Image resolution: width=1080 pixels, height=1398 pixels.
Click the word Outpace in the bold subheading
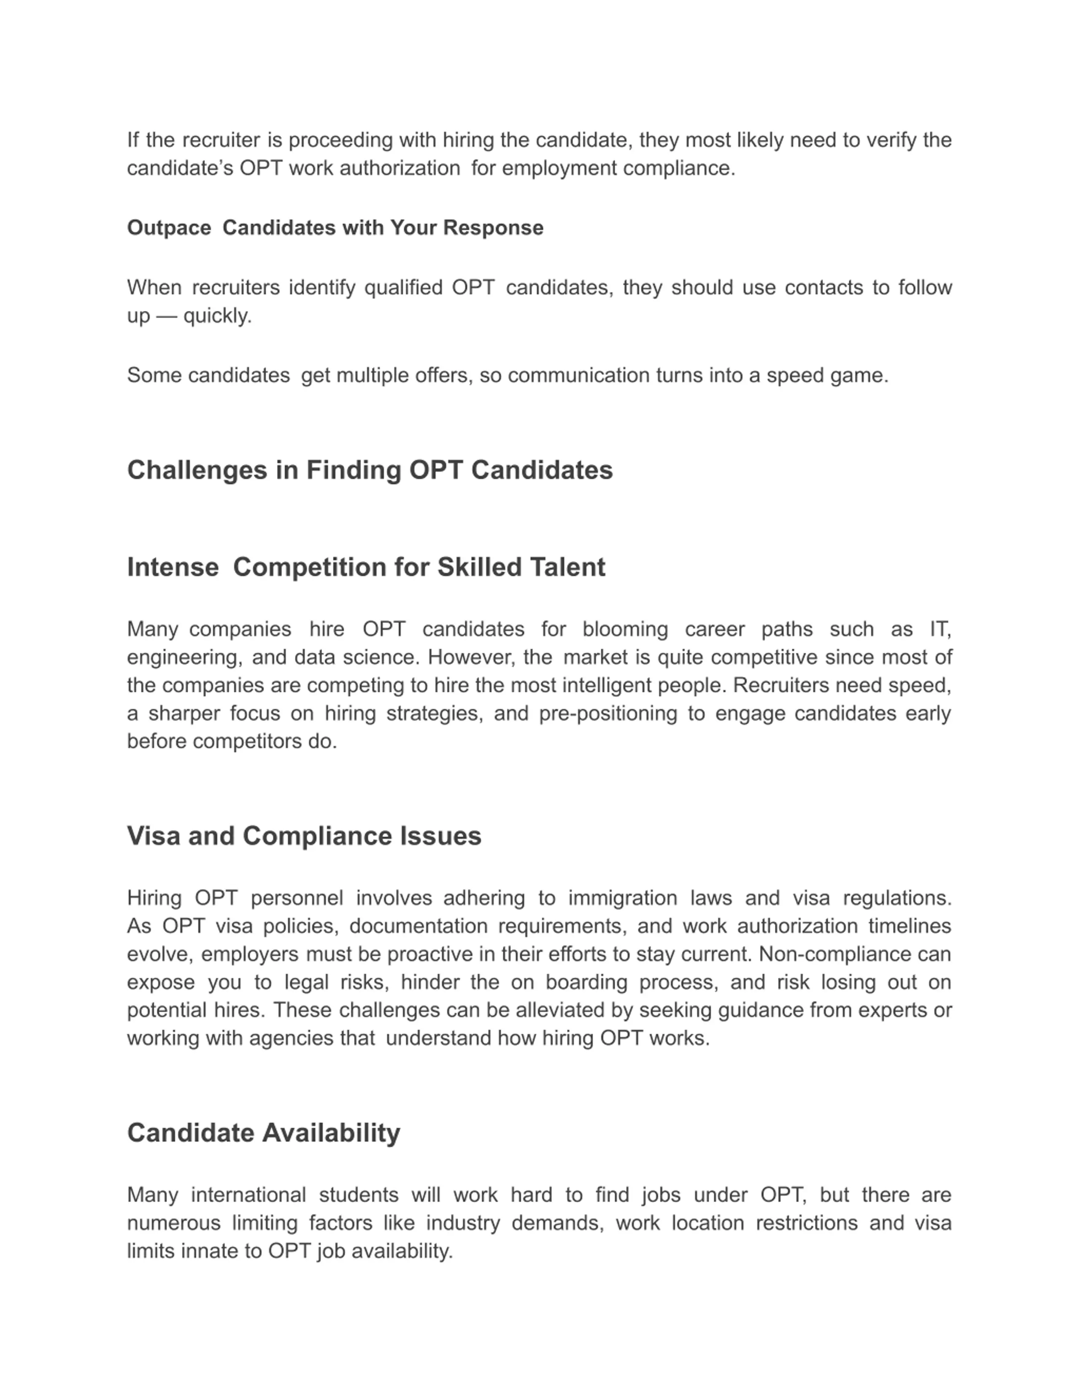(169, 228)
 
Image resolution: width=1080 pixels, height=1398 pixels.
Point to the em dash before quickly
(166, 316)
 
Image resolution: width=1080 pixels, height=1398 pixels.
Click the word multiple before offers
(373, 376)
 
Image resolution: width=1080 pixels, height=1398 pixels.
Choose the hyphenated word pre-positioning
(608, 714)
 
